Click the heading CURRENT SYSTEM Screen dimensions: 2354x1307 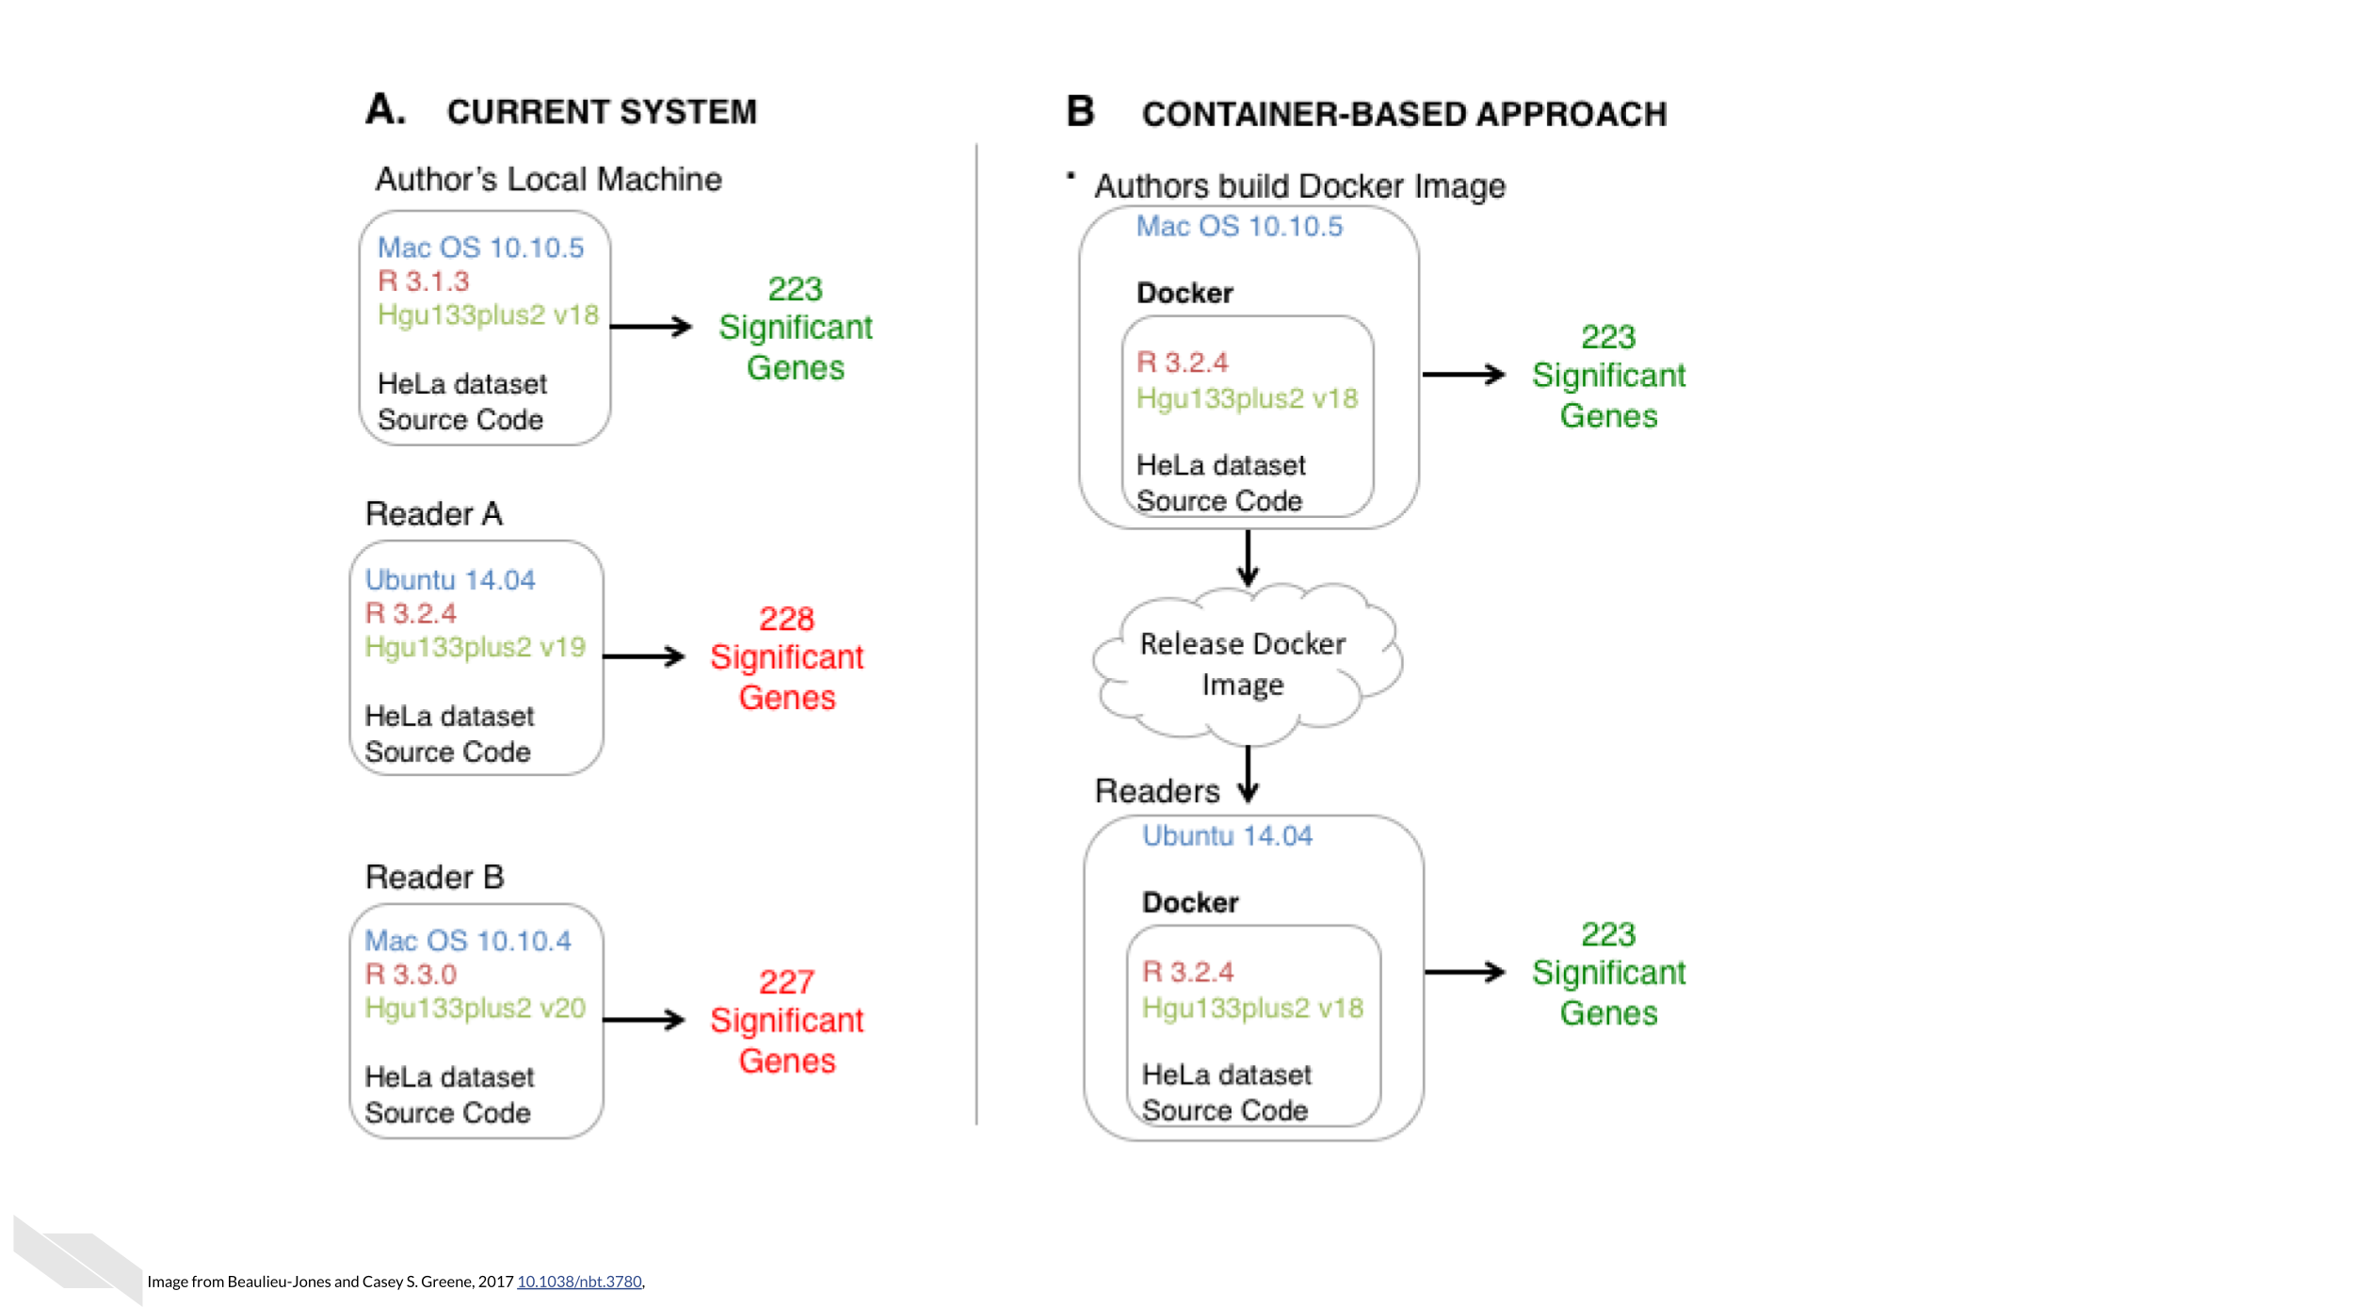click(x=602, y=112)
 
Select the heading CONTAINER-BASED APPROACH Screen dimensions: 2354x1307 click(x=1404, y=114)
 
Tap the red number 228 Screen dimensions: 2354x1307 click(x=786, y=619)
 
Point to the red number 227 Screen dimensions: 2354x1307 click(x=786, y=982)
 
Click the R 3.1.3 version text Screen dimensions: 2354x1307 click(x=423, y=281)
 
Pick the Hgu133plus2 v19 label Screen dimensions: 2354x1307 click(x=475, y=647)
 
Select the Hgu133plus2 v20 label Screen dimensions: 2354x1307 click(x=475, y=1008)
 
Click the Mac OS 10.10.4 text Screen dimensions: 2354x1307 click(x=467, y=941)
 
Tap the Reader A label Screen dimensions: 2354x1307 click(x=434, y=514)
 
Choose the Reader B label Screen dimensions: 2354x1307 click(x=435, y=878)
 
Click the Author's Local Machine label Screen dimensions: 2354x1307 click(x=549, y=179)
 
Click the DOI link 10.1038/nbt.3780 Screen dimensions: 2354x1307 click(x=579, y=1282)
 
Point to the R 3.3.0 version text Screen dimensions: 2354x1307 click(x=411, y=974)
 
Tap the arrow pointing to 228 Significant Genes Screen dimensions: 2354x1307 click(x=644, y=656)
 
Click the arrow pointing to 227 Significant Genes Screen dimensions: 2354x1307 click(x=644, y=1020)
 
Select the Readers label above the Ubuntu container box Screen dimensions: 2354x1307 click(x=1157, y=791)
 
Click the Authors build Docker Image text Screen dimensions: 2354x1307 click(x=1299, y=186)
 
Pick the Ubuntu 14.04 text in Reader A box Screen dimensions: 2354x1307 click(x=450, y=579)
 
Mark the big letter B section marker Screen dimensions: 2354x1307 click(x=1080, y=111)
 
